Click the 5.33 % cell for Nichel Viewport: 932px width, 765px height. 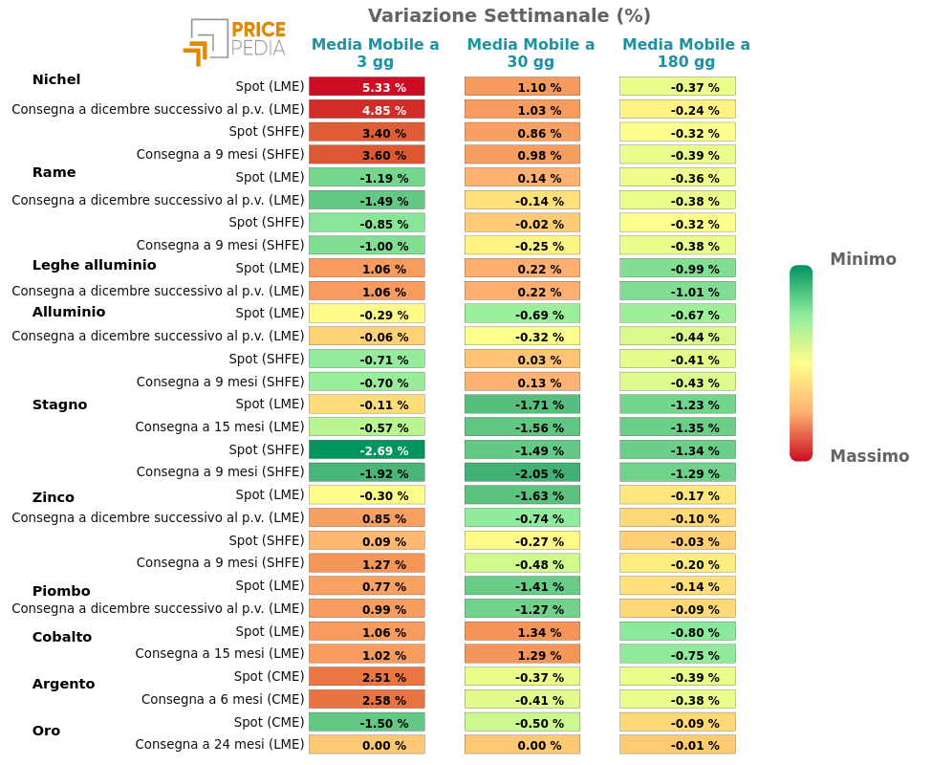[x=366, y=87]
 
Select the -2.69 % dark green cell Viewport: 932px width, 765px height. [x=366, y=449]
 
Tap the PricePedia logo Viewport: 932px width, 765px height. [x=234, y=42]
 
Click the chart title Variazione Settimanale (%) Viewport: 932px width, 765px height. [x=509, y=15]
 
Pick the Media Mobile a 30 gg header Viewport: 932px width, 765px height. [x=531, y=53]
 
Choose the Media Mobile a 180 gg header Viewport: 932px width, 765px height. [x=685, y=53]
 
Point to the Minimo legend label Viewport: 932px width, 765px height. [x=862, y=259]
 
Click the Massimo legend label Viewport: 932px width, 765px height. [x=869, y=456]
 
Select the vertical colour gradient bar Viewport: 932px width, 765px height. [x=800, y=363]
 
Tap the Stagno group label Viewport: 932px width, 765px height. [x=59, y=404]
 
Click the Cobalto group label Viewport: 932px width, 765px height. [x=61, y=637]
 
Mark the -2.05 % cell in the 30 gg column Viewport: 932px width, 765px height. [x=522, y=472]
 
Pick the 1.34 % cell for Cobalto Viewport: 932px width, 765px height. [x=522, y=631]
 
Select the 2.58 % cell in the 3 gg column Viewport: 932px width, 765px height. [x=366, y=699]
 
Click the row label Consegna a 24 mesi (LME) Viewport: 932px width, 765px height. [x=219, y=744]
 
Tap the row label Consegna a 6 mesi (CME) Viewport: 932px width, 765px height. [x=223, y=699]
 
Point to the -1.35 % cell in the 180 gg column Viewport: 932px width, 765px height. [x=677, y=427]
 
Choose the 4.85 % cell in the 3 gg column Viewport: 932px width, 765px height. [x=366, y=110]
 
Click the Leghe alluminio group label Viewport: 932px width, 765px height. [x=94, y=265]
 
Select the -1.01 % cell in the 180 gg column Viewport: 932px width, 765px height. [x=677, y=291]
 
